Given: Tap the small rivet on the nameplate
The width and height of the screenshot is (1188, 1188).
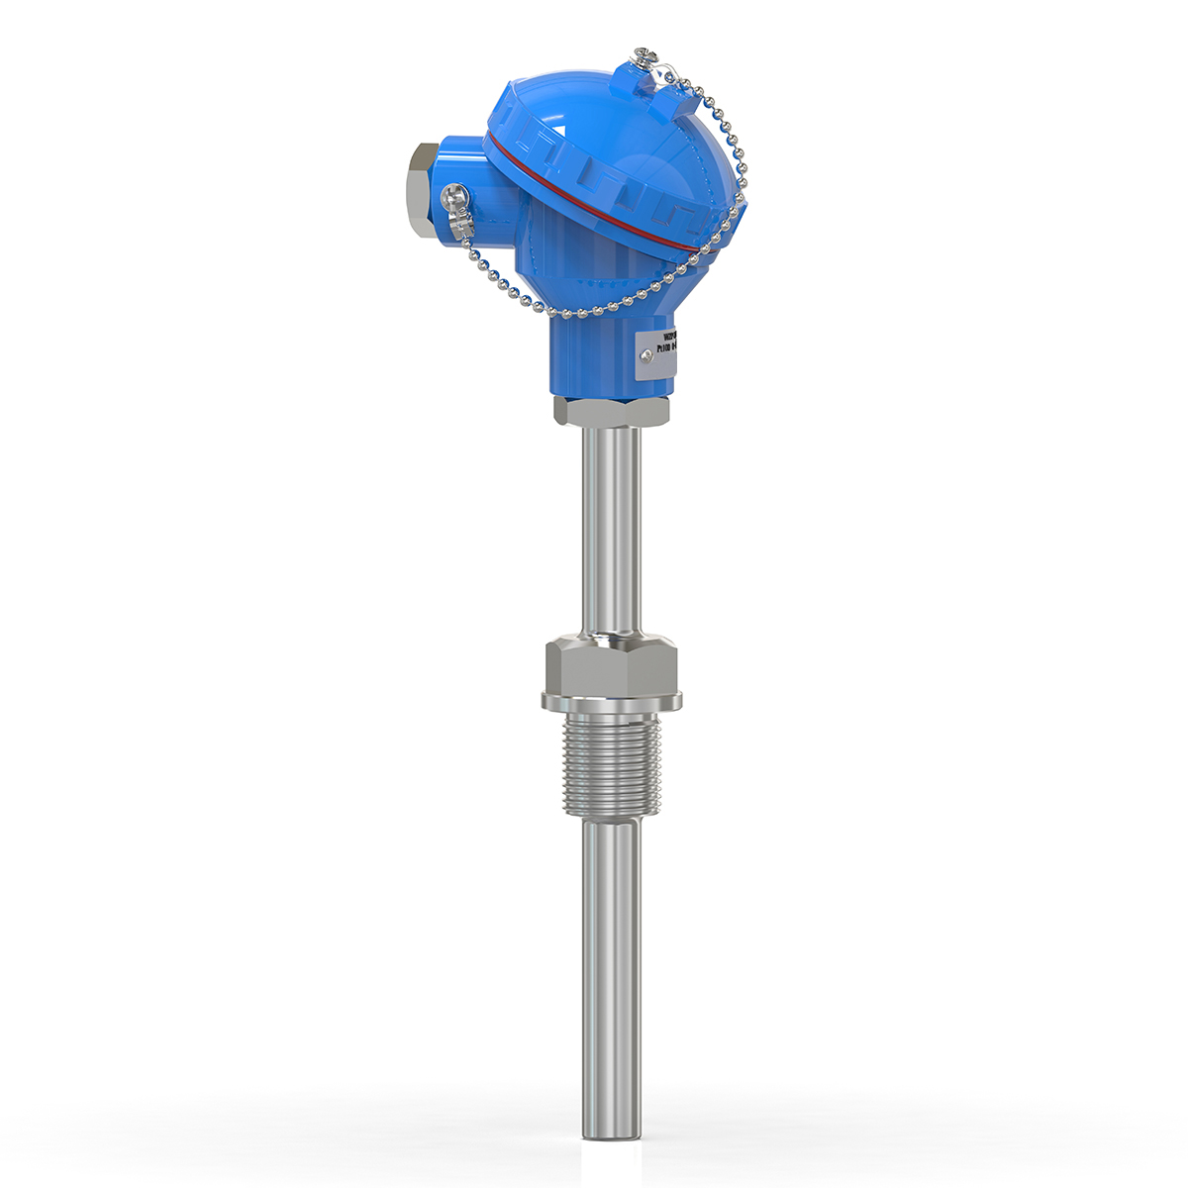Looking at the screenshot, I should (644, 360).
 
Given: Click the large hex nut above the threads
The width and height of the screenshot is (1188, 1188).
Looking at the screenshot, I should (611, 665).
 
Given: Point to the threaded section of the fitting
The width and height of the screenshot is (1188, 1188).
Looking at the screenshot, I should (611, 762).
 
